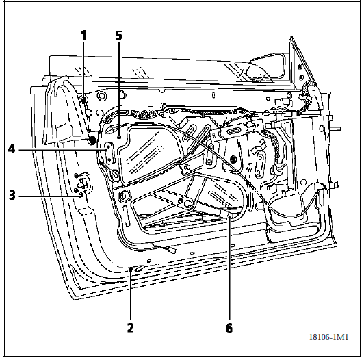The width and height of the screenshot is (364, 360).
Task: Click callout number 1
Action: (83, 36)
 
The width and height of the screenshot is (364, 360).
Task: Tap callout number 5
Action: (119, 36)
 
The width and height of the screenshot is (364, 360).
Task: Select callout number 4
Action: (12, 149)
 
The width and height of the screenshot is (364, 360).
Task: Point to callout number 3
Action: (12, 195)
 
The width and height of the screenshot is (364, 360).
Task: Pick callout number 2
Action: (131, 328)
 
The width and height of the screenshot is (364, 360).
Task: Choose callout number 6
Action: (229, 328)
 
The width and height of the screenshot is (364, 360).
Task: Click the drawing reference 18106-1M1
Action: (328, 337)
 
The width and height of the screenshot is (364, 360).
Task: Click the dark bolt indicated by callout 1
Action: (83, 100)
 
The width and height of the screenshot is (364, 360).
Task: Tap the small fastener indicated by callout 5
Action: (119, 137)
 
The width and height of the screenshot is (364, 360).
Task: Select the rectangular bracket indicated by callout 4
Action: (109, 153)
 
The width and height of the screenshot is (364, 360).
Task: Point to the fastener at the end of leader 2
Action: (131, 268)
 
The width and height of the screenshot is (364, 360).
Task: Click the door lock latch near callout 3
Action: (83, 183)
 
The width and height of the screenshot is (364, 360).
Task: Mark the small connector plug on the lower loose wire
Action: (172, 250)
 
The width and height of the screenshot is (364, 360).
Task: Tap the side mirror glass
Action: (267, 67)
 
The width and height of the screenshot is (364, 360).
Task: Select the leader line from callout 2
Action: (131, 296)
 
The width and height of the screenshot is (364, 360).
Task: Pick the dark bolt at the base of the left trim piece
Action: (92, 140)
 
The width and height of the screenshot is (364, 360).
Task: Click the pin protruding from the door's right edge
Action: (336, 128)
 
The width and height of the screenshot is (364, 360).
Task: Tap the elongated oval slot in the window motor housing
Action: (234, 131)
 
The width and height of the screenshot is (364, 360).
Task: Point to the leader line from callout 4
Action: (62, 150)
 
